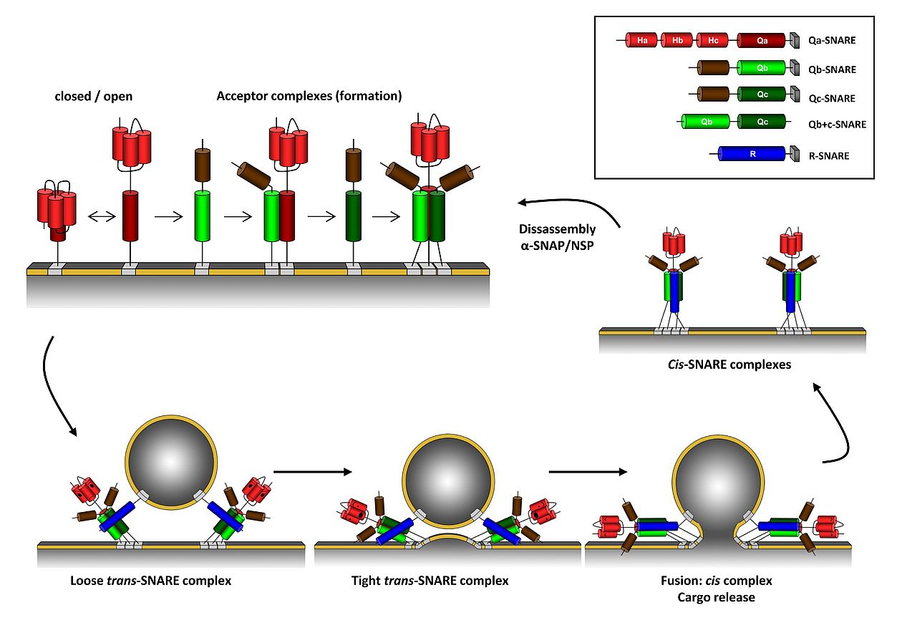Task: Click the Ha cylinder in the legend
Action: [641, 41]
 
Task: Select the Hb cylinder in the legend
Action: [677, 41]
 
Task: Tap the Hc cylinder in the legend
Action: [712, 41]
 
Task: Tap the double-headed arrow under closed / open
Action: [101, 218]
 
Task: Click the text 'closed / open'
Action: [94, 96]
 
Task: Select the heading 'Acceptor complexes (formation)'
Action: [309, 96]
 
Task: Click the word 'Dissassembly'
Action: [557, 229]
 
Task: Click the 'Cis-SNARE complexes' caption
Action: [729, 364]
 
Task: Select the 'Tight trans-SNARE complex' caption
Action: [430, 580]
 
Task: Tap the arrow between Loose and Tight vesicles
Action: [313, 471]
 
